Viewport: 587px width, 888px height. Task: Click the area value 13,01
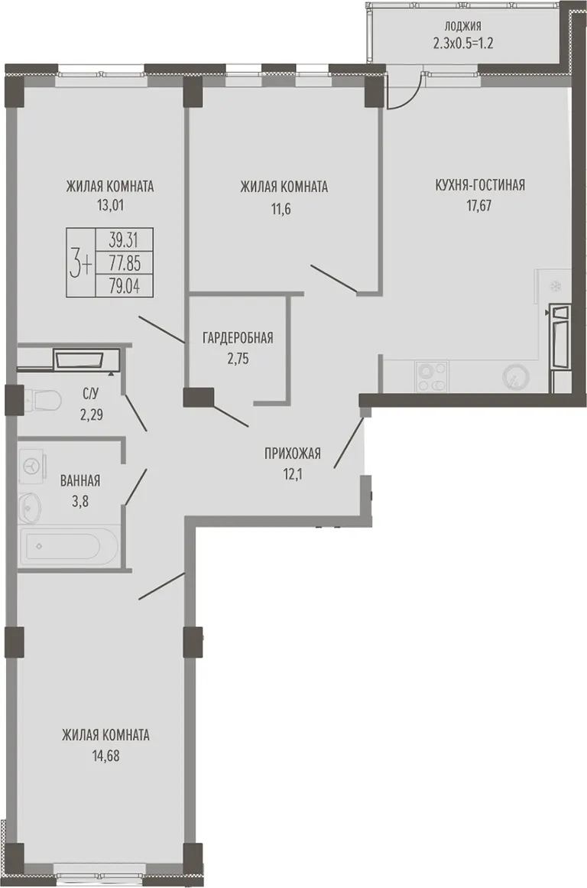[x=110, y=204]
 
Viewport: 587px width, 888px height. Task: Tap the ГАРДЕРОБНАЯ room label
[x=238, y=338]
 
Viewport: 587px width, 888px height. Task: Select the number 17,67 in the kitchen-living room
[x=478, y=204]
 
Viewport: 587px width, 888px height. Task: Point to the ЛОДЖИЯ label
[x=463, y=25]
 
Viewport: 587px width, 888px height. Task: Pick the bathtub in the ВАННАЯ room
[x=68, y=546]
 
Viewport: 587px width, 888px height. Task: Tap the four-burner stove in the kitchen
[x=432, y=376]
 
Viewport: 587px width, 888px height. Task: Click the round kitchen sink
[x=516, y=376]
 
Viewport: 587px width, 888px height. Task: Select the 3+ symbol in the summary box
[x=80, y=264]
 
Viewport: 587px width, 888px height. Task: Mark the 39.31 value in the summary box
[x=123, y=240]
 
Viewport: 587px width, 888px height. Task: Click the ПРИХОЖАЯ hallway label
[x=293, y=453]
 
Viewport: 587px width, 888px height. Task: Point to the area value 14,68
[x=105, y=756]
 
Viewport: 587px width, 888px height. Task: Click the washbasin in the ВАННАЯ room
[x=30, y=507]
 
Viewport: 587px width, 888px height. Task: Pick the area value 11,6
[x=284, y=208]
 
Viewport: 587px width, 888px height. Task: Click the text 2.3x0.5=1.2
[x=463, y=43]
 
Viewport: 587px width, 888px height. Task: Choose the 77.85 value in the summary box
[x=125, y=263]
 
